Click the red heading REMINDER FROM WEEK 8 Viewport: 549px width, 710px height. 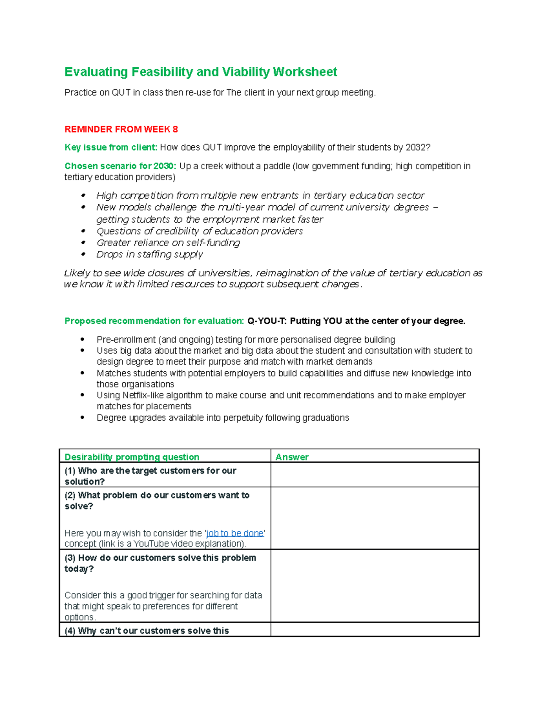pyautogui.click(x=121, y=129)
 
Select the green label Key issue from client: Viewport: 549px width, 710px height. pyautogui.click(x=111, y=148)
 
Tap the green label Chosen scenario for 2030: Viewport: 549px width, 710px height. pyautogui.click(x=120, y=166)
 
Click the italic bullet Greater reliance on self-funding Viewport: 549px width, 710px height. pyautogui.click(x=168, y=243)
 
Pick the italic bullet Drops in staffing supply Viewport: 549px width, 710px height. pyautogui.click(x=150, y=255)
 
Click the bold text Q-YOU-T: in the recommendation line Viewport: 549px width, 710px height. pyautogui.click(x=267, y=321)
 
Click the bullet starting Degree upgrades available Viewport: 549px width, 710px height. pyautogui.click(x=222, y=418)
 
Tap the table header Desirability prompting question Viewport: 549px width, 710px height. pyautogui.click(x=132, y=457)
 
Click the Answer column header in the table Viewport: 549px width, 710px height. pyautogui.click(x=292, y=457)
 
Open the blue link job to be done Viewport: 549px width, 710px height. pyautogui.click(x=235, y=533)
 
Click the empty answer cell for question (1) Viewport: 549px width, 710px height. pyautogui.click(x=374, y=475)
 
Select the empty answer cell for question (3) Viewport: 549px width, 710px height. pyautogui.click(x=374, y=586)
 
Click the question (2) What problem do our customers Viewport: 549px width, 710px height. pyautogui.click(x=157, y=496)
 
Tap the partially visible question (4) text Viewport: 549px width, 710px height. pyautogui.click(x=146, y=631)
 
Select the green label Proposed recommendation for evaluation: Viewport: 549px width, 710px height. pyautogui.click(x=154, y=321)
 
